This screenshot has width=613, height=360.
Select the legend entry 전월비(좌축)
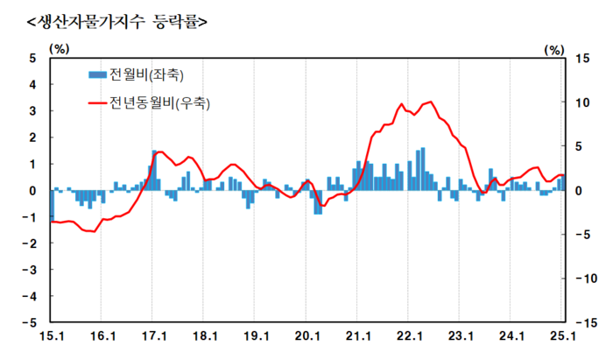(145, 74)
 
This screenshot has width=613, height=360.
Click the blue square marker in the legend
(96, 74)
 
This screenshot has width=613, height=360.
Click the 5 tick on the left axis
(32, 59)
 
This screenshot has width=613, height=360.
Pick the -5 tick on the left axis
(30, 322)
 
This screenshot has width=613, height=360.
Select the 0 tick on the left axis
(32, 190)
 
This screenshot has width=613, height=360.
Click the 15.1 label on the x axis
(52, 336)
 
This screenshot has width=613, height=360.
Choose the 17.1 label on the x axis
(153, 336)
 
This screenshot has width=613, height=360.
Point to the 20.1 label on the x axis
(306, 336)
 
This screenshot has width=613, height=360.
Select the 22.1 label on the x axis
(409, 336)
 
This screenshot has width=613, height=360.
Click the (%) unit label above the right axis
(553, 50)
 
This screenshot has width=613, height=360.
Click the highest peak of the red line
(429, 102)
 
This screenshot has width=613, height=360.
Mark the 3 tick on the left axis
(32, 111)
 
